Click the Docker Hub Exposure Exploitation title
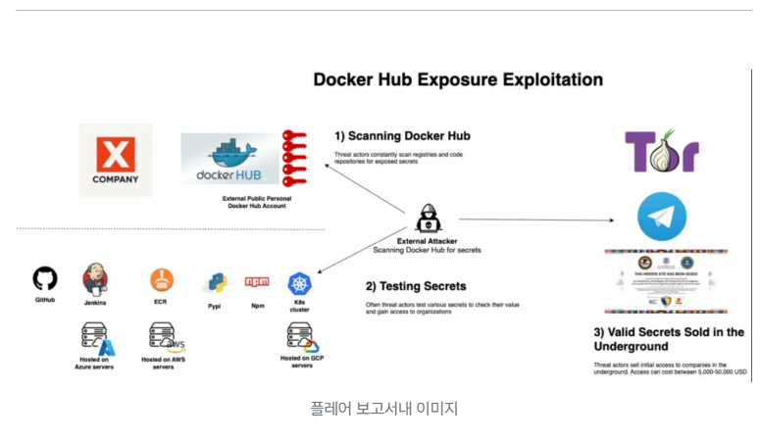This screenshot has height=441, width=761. tap(458, 80)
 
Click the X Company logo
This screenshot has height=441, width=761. tap(116, 160)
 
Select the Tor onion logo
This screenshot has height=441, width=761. tap(662, 152)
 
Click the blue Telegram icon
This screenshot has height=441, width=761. tap(662, 217)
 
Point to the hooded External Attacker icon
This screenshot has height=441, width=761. tap(428, 219)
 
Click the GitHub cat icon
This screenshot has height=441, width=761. tap(45, 278)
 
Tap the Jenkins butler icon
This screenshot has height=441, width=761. tap(95, 278)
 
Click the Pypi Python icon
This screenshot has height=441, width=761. tap(215, 283)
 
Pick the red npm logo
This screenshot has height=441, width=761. tap(257, 282)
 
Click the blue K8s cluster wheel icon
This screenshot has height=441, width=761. tap(299, 283)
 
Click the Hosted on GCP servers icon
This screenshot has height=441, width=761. tap(301, 338)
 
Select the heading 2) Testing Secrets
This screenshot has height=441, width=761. tap(415, 287)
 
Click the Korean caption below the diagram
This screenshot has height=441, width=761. tap(383, 408)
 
